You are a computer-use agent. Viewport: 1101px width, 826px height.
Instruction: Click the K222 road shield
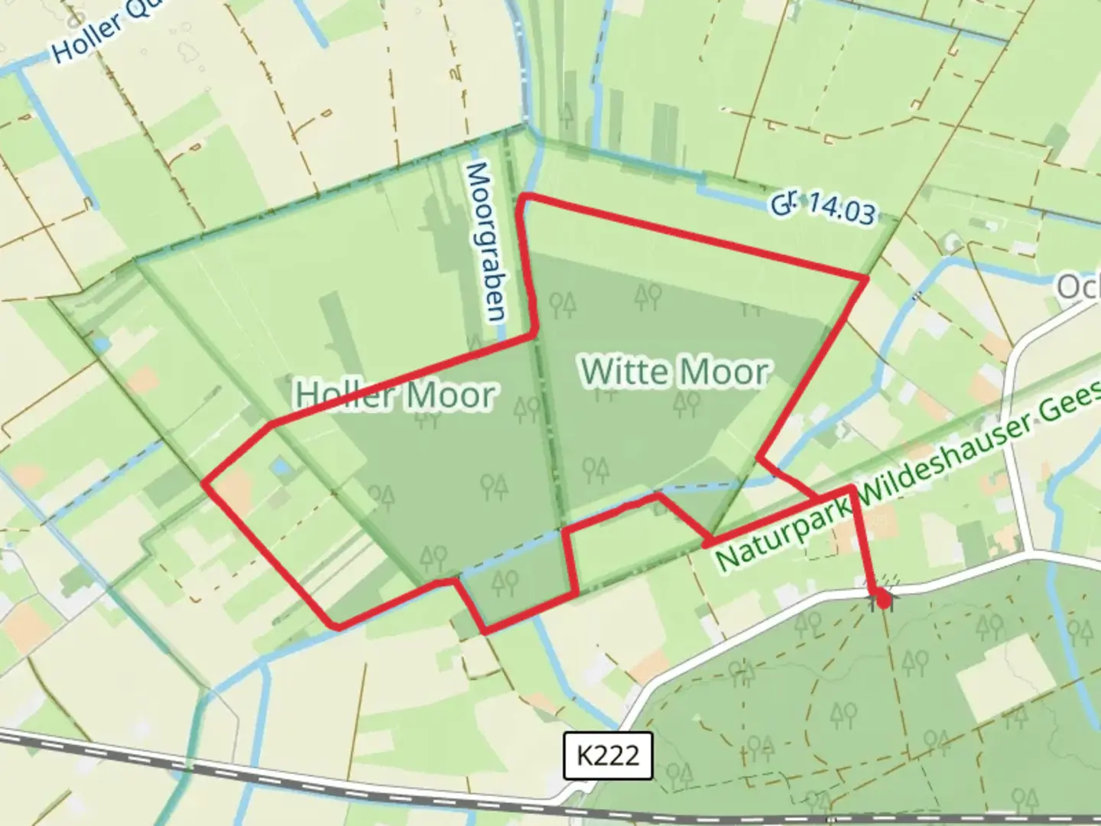pyautogui.click(x=607, y=756)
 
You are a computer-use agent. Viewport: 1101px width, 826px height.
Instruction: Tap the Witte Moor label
pyautogui.click(x=674, y=372)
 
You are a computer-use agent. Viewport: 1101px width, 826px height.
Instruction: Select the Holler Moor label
pyautogui.click(x=395, y=395)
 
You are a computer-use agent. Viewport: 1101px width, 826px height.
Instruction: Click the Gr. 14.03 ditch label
pyautogui.click(x=823, y=206)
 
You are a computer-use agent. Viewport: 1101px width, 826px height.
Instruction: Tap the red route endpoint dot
pyautogui.click(x=885, y=600)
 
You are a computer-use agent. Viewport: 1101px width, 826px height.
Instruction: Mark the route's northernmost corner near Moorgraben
pyautogui.click(x=525, y=199)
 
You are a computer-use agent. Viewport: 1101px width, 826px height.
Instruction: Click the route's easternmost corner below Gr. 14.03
pyautogui.click(x=866, y=278)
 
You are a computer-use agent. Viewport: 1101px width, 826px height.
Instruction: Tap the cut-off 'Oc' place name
pyautogui.click(x=1078, y=288)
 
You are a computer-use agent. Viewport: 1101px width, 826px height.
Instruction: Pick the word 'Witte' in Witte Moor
pyautogui.click(x=624, y=372)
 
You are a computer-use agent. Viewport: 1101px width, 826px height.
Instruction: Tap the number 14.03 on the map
pyautogui.click(x=840, y=209)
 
